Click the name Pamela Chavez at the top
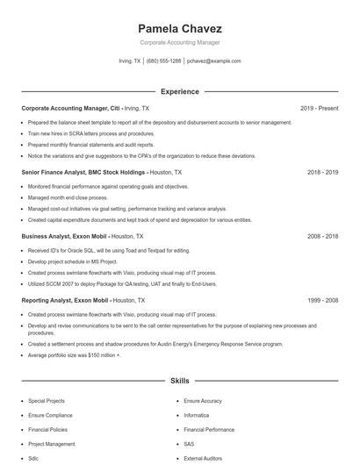tap(179, 28)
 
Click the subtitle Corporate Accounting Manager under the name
tap(179, 42)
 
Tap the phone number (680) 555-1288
tap(163, 61)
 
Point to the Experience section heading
tap(179, 91)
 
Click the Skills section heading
tap(179, 382)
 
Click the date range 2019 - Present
tap(319, 108)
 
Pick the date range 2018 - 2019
tap(322, 173)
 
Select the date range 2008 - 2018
tap(322, 236)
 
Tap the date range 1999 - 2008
tap(322, 300)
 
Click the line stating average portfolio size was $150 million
tap(75, 355)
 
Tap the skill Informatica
tap(197, 415)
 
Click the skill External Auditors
tap(204, 459)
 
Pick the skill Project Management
tap(51, 444)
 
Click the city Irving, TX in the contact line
tap(129, 61)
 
